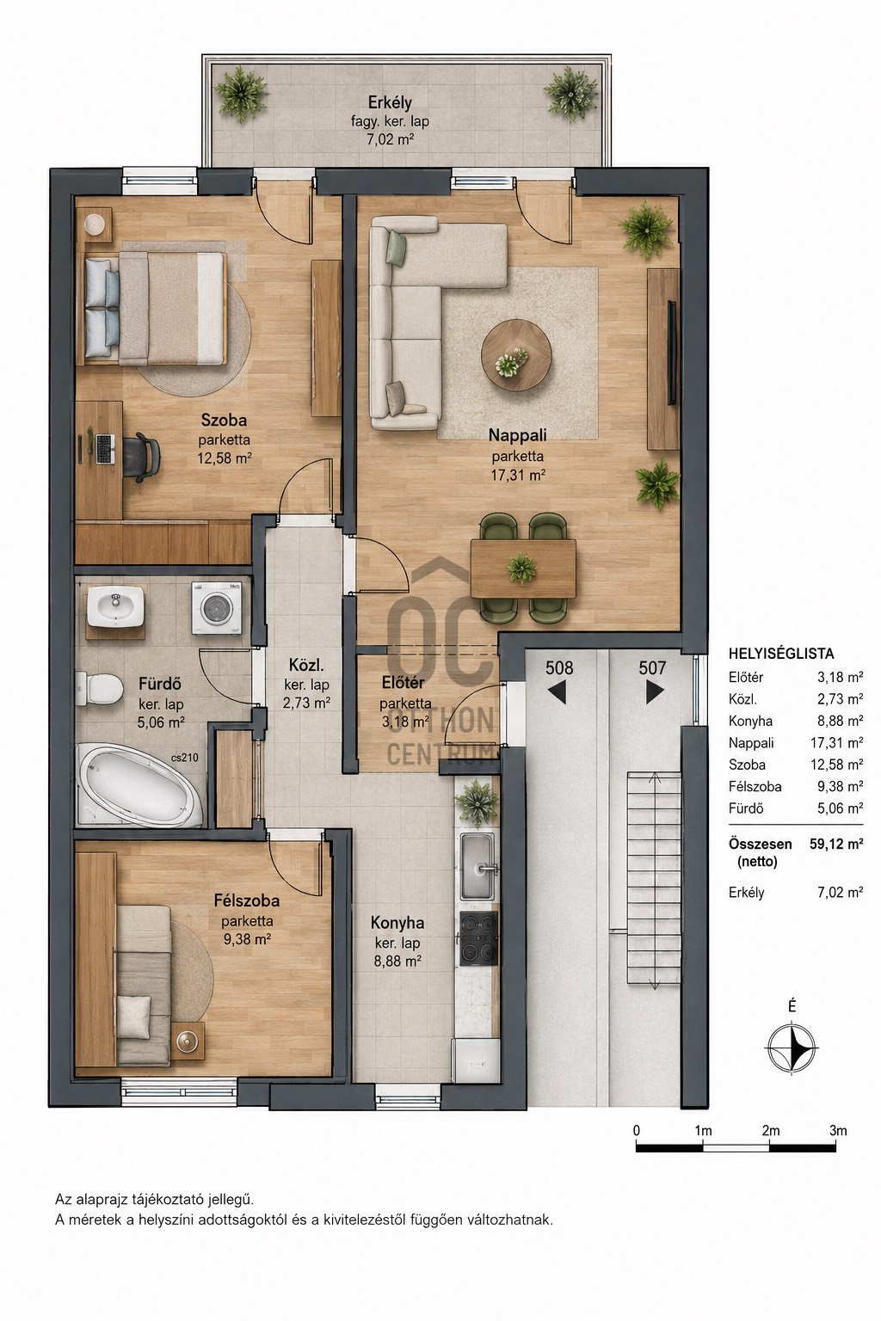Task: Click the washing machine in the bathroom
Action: tap(217, 609)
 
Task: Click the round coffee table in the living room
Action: tap(516, 353)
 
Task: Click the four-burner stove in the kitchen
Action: tap(478, 938)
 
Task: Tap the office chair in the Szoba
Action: tap(142, 453)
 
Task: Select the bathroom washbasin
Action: tap(115, 608)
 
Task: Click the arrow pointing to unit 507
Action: tap(655, 692)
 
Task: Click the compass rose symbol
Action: tap(792, 1048)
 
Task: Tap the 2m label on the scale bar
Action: tap(770, 1131)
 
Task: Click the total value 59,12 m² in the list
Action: tap(836, 844)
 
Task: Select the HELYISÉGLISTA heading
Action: tap(781, 654)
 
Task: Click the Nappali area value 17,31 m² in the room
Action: tap(518, 475)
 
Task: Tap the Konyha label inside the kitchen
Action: tap(397, 922)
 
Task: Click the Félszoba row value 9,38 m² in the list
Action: tap(841, 787)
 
